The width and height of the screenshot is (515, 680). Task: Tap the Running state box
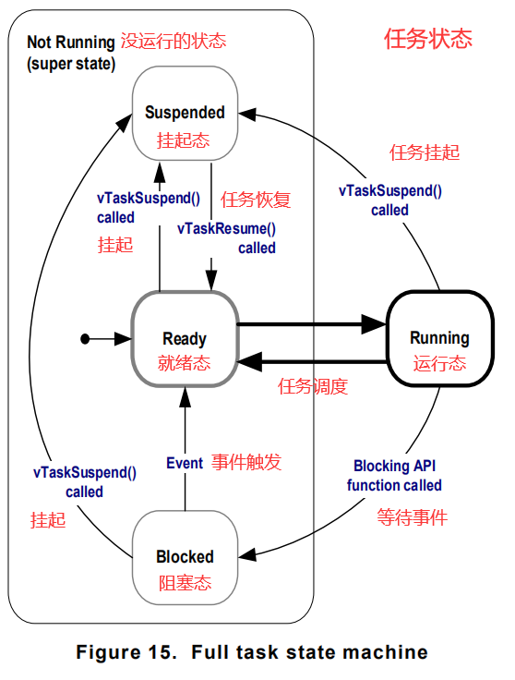[x=439, y=338]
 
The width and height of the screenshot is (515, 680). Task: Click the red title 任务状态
[x=427, y=39]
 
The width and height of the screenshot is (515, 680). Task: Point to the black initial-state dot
[x=85, y=339]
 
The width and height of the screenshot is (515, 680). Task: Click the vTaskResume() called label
[x=227, y=237]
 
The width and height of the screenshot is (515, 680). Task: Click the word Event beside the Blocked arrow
[x=184, y=463]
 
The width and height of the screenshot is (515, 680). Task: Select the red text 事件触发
[x=246, y=463]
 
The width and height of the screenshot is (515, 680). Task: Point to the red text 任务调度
[x=313, y=387]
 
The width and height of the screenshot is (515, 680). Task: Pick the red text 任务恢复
[x=256, y=200]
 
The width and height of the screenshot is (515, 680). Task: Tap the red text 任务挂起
[x=425, y=152]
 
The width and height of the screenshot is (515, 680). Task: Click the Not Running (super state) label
[x=70, y=53]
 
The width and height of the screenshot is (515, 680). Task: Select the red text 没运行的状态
[x=174, y=42]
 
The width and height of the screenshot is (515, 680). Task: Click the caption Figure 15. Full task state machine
[x=252, y=652]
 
